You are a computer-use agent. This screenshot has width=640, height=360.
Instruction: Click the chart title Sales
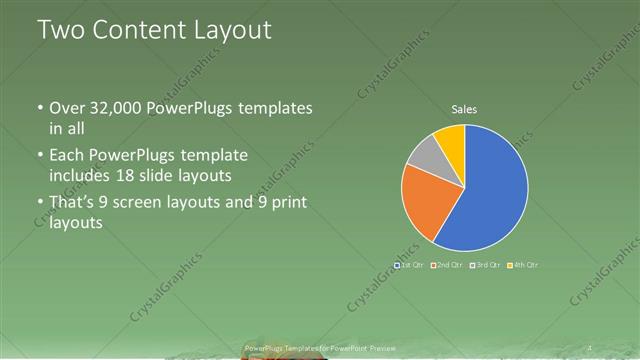(x=464, y=108)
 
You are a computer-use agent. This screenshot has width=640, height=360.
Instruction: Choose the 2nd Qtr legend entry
(x=446, y=264)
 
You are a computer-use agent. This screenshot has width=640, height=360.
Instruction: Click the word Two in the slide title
(x=58, y=30)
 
